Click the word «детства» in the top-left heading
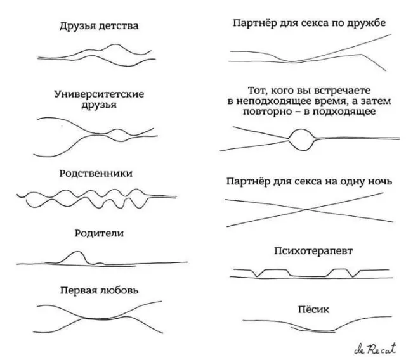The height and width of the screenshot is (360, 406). click(119, 26)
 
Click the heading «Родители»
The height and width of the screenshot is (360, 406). click(100, 233)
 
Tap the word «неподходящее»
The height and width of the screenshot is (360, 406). click(275, 101)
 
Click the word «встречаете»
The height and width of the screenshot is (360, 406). click(337, 91)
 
